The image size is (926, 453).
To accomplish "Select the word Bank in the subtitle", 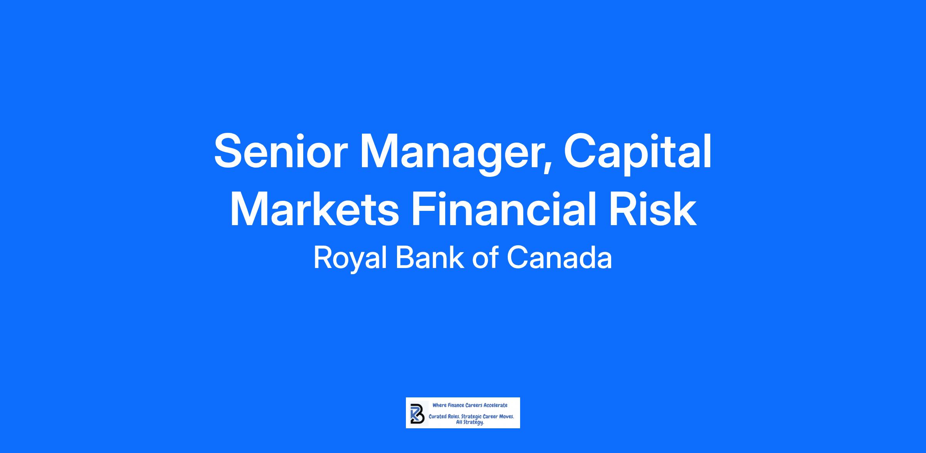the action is [430, 258].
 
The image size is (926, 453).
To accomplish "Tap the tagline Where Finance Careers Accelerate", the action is [470, 405].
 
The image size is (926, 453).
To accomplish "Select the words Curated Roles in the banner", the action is [444, 417].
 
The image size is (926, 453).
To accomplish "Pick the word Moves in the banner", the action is [505, 417].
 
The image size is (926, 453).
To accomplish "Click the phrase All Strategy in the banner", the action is [470, 422].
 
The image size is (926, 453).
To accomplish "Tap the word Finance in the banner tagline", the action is [455, 405].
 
